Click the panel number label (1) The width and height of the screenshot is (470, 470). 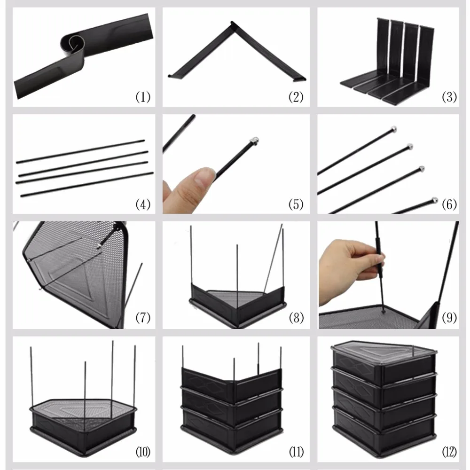143,97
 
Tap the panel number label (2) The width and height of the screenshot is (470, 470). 296,97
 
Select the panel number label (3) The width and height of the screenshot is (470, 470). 449,97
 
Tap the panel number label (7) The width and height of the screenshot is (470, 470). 143,318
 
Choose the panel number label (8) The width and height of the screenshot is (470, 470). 296,318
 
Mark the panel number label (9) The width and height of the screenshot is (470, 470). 449,318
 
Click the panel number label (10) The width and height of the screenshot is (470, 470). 143,453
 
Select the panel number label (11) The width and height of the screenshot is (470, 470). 296,453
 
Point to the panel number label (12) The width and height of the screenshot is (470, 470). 449,453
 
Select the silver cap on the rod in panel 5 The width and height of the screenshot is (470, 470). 254,140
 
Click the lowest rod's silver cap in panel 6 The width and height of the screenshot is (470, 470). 434,201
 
